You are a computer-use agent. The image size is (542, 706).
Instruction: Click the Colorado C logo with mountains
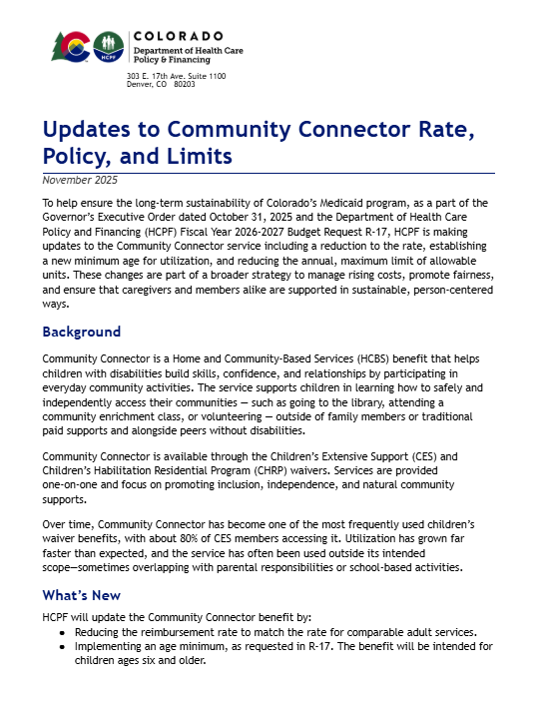pos(71,46)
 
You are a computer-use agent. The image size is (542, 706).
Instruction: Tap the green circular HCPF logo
pos(108,46)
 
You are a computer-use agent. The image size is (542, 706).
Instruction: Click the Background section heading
pos(81,332)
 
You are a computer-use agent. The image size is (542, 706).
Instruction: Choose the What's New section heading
pos(82,595)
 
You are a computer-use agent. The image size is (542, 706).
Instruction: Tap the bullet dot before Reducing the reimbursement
pos(65,633)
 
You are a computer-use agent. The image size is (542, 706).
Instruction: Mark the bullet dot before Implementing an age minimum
pos(65,647)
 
